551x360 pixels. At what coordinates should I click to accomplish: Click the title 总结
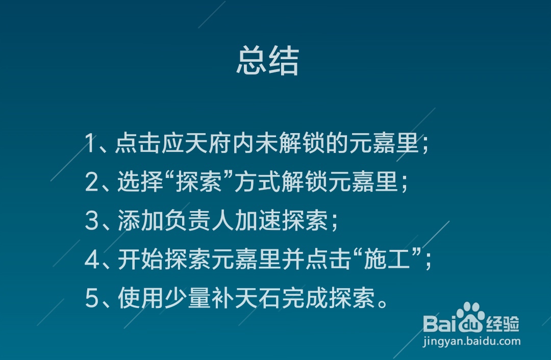point(267,62)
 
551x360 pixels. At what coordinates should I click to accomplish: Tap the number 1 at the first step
point(90,144)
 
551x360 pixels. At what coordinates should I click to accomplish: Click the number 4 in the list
point(91,260)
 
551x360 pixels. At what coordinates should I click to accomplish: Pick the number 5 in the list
point(91,299)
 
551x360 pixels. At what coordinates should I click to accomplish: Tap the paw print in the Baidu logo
point(470,317)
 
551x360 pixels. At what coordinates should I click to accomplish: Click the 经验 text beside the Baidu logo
point(503,323)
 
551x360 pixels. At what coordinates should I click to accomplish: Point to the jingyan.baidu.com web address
point(471,341)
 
